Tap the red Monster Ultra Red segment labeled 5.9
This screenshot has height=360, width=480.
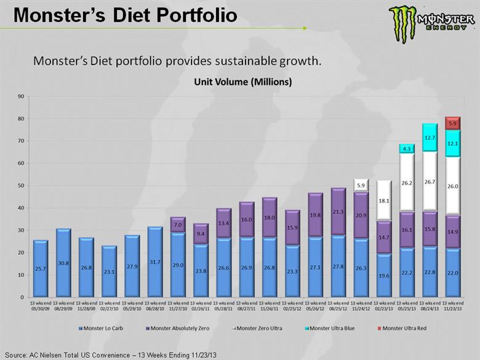coord(452,123)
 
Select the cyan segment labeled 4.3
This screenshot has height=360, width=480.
coord(406,149)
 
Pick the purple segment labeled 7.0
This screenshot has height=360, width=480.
coord(177,225)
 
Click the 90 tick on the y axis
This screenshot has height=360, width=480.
coord(20,96)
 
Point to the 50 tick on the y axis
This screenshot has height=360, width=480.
coord(20,185)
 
